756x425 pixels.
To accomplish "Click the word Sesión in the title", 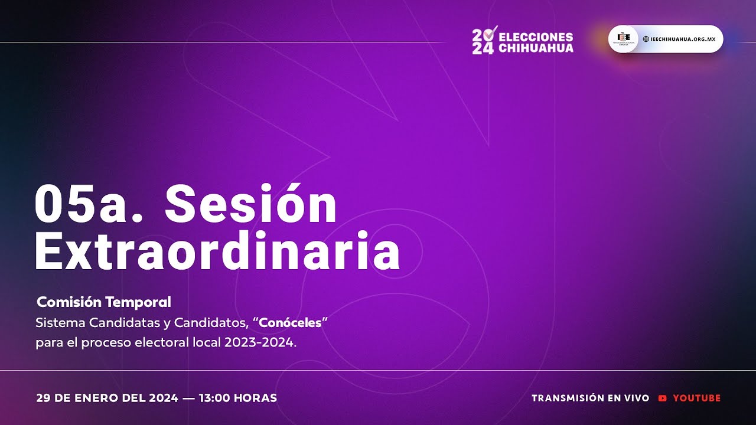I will click(x=251, y=203).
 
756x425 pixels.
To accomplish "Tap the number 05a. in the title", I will click(x=89, y=203).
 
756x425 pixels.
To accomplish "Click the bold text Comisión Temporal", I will click(x=104, y=302).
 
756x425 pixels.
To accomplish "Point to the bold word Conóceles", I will click(x=290, y=323).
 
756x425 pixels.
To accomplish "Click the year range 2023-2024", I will click(x=258, y=343).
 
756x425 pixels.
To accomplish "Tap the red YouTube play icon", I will click(x=662, y=398).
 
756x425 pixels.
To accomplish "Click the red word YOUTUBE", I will click(x=697, y=398).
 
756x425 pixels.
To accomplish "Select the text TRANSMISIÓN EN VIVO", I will click(x=590, y=398).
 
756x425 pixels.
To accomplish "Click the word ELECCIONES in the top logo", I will click(x=536, y=37).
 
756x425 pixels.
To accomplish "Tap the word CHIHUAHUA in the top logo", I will click(x=536, y=48).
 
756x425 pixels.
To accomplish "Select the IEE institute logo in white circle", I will click(x=623, y=39).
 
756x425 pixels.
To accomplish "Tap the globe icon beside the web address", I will click(x=646, y=39).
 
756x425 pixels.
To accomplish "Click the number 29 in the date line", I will click(x=43, y=398).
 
